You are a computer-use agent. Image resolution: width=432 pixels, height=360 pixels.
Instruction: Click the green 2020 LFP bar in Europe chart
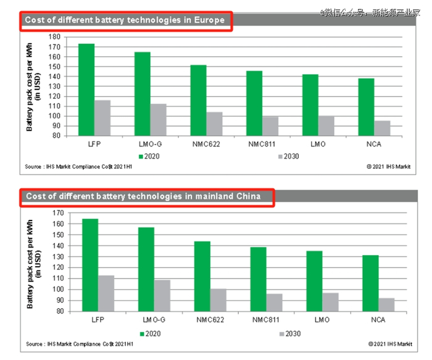pos(87,90)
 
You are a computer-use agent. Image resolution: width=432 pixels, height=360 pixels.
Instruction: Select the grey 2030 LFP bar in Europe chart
pos(102,117)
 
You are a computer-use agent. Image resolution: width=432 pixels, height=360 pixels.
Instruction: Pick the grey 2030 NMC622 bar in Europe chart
pos(215,123)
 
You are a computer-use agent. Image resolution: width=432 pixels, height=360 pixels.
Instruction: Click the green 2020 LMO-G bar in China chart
pos(146,269)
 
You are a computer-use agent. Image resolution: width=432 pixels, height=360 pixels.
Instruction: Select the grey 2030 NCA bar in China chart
pos(386,304)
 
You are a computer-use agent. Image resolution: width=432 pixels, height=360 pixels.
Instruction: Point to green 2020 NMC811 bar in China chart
pos(259,278)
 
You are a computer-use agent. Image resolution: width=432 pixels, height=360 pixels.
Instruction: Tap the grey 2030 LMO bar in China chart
pos(330,302)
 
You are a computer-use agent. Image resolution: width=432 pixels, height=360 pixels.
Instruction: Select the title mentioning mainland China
pos(146,196)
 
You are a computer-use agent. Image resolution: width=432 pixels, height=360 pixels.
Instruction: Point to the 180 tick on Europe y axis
pos(56,37)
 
